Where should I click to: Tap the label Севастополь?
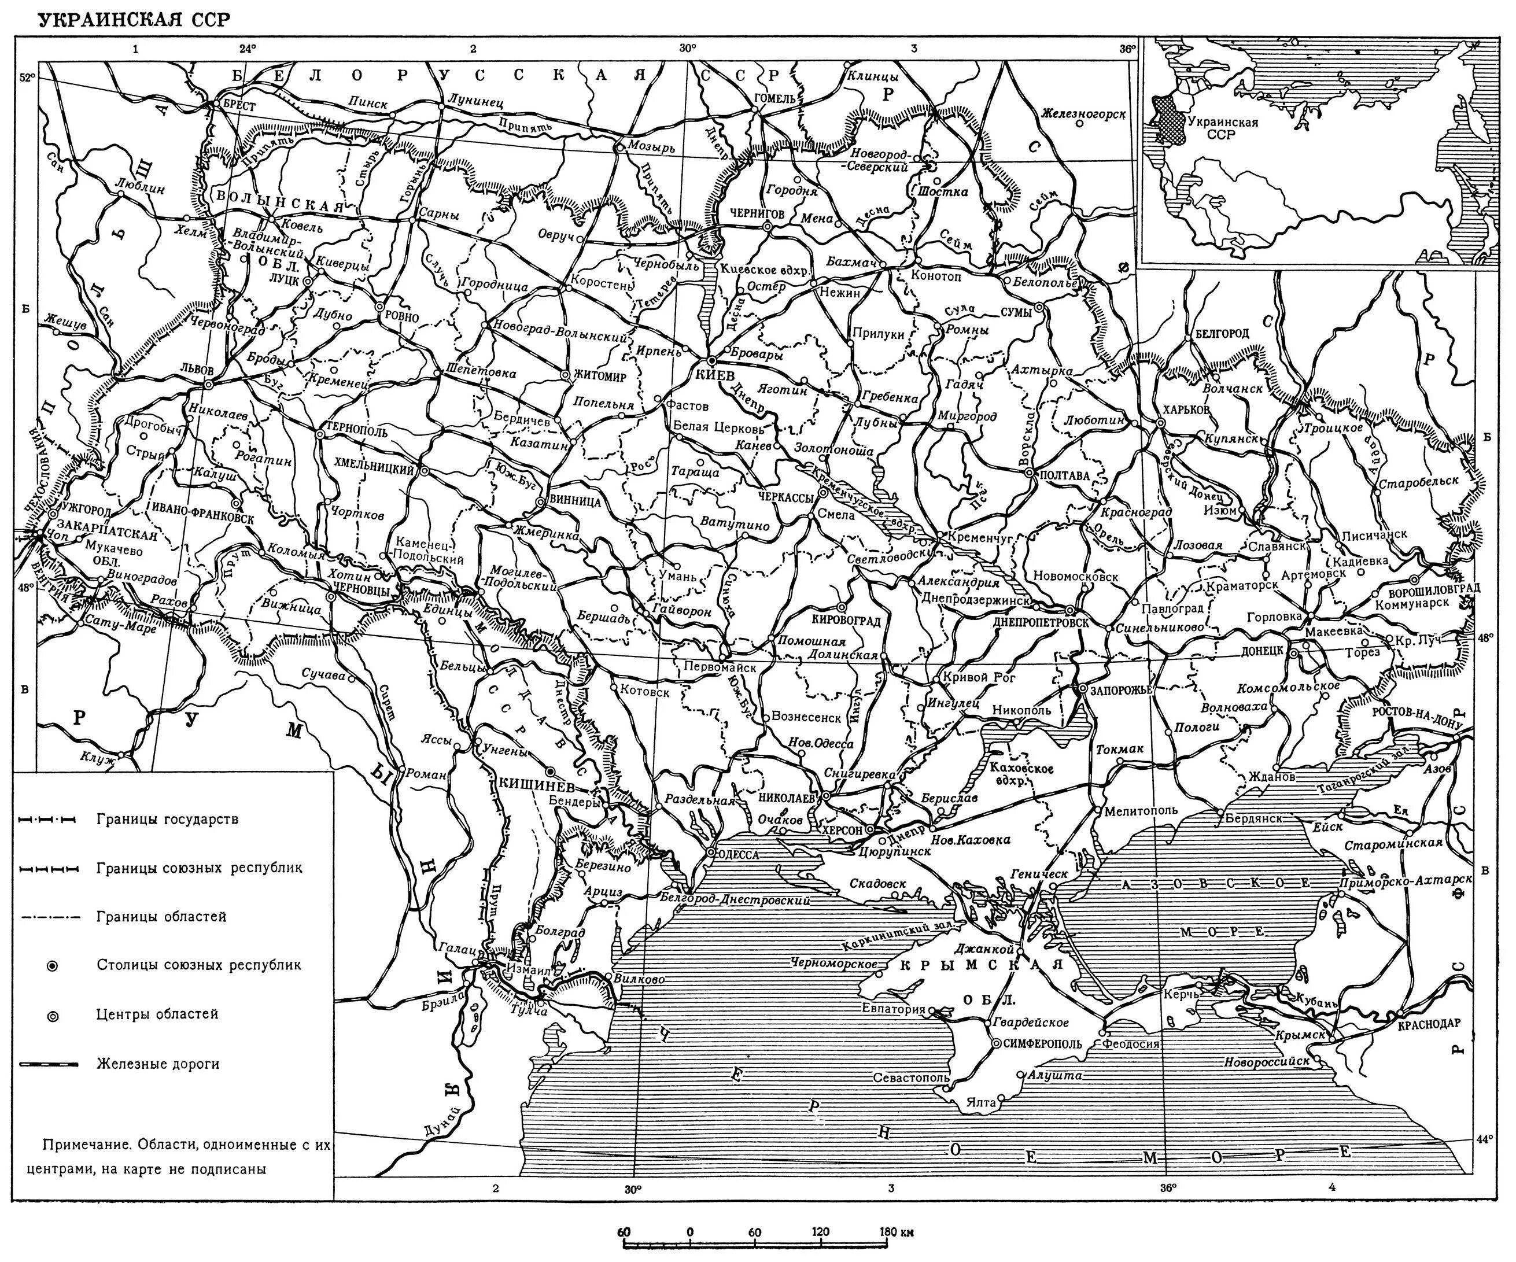[x=911, y=1078]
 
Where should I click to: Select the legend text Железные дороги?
[x=157, y=1064]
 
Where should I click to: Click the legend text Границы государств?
[x=167, y=820]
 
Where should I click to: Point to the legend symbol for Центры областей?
[x=52, y=1016]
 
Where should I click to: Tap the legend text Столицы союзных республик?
[x=198, y=965]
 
